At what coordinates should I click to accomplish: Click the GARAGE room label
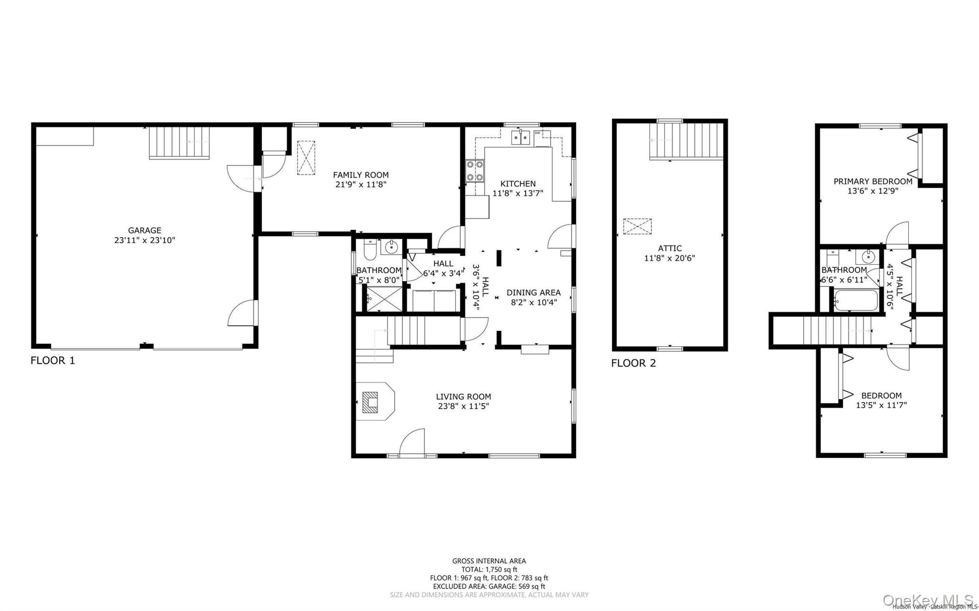pyautogui.click(x=144, y=230)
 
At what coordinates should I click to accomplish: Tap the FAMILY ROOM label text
pyautogui.click(x=360, y=175)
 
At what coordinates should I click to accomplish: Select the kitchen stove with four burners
pyautogui.click(x=475, y=171)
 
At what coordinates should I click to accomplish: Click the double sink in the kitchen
pyautogui.click(x=521, y=138)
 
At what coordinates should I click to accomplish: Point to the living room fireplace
pyautogui.click(x=370, y=402)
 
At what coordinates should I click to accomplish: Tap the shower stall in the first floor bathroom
pyautogui.click(x=384, y=299)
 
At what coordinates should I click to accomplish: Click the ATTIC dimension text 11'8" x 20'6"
pyautogui.click(x=669, y=258)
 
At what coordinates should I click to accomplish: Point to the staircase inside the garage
pyautogui.click(x=179, y=142)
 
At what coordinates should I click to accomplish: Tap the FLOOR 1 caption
pyautogui.click(x=53, y=361)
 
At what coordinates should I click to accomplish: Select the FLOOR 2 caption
pyautogui.click(x=633, y=363)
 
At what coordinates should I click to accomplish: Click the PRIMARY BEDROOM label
pyautogui.click(x=873, y=182)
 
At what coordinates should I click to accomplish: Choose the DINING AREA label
pyautogui.click(x=533, y=292)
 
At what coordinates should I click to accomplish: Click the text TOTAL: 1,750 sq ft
pyautogui.click(x=489, y=569)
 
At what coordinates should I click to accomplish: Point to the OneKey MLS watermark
pyautogui.click(x=927, y=600)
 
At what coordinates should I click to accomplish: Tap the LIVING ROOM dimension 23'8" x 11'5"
pyautogui.click(x=463, y=407)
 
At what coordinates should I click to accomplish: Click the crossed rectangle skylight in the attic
pyautogui.click(x=637, y=226)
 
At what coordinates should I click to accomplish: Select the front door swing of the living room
pyautogui.click(x=412, y=442)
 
